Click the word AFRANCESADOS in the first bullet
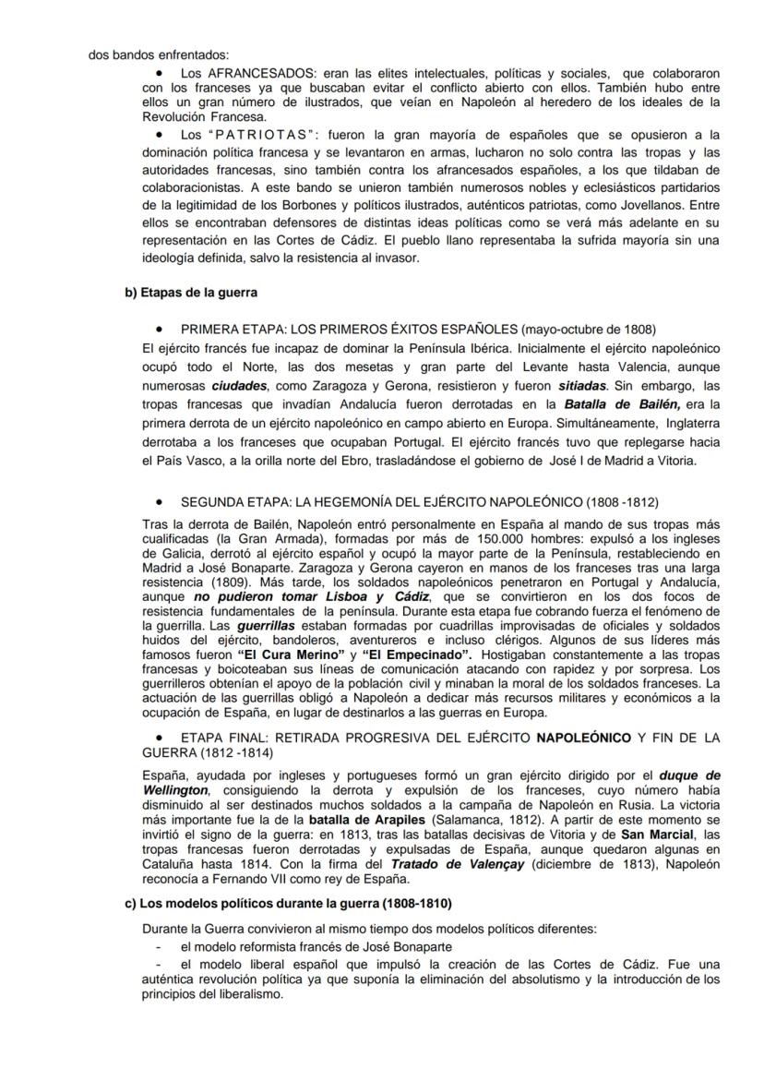(248, 72)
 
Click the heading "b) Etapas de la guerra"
(191, 293)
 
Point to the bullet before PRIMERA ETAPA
(160, 329)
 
